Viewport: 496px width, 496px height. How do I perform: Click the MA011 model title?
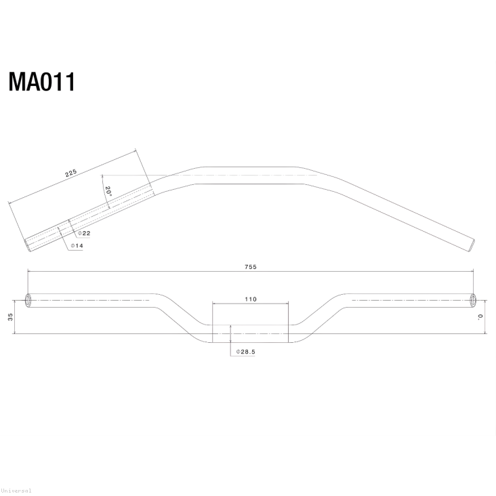[41, 82]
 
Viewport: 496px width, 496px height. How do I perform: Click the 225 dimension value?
[70, 173]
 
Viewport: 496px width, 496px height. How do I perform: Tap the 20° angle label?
[107, 192]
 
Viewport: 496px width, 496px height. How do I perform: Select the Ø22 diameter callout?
[84, 233]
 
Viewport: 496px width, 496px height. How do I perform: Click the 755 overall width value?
[251, 267]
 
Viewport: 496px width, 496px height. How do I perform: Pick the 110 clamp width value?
[251, 299]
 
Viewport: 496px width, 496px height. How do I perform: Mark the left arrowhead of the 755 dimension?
[29, 272]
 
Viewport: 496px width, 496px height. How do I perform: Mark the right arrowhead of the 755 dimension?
[472, 272]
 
